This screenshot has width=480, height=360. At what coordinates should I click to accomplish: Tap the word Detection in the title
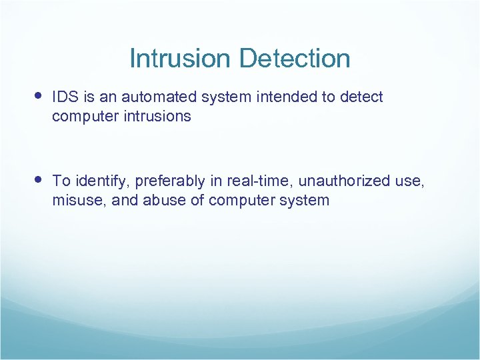[294, 59]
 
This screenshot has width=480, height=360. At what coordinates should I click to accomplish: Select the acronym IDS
[65, 97]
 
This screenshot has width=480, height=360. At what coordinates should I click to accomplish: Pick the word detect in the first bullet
[361, 97]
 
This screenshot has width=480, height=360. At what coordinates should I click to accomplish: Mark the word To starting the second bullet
[61, 181]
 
